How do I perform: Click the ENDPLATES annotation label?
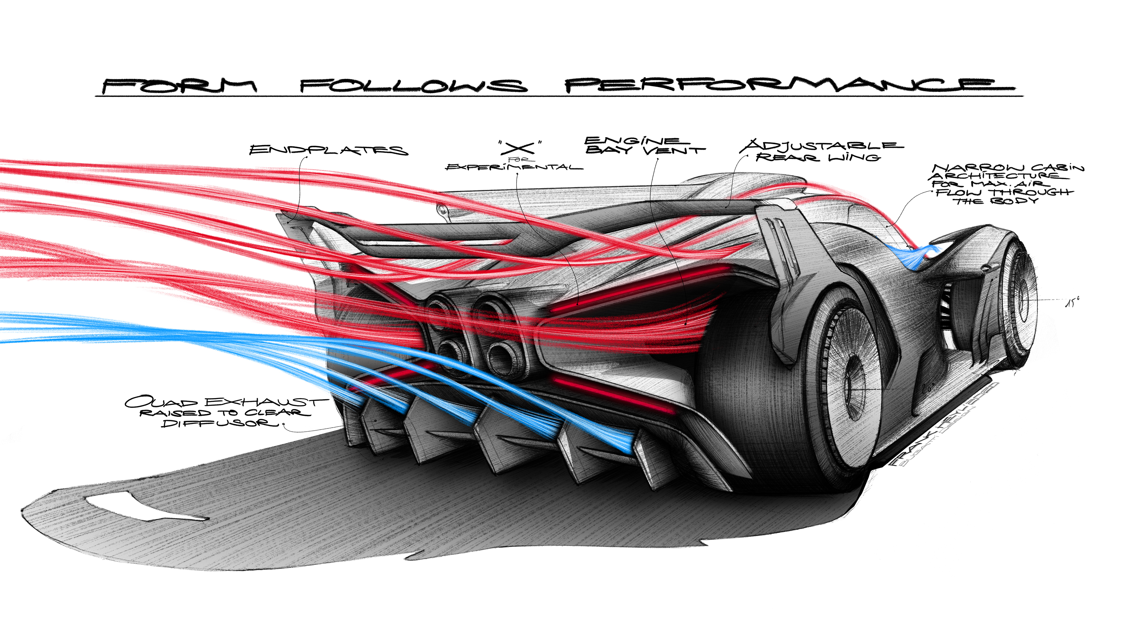[x=328, y=150]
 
